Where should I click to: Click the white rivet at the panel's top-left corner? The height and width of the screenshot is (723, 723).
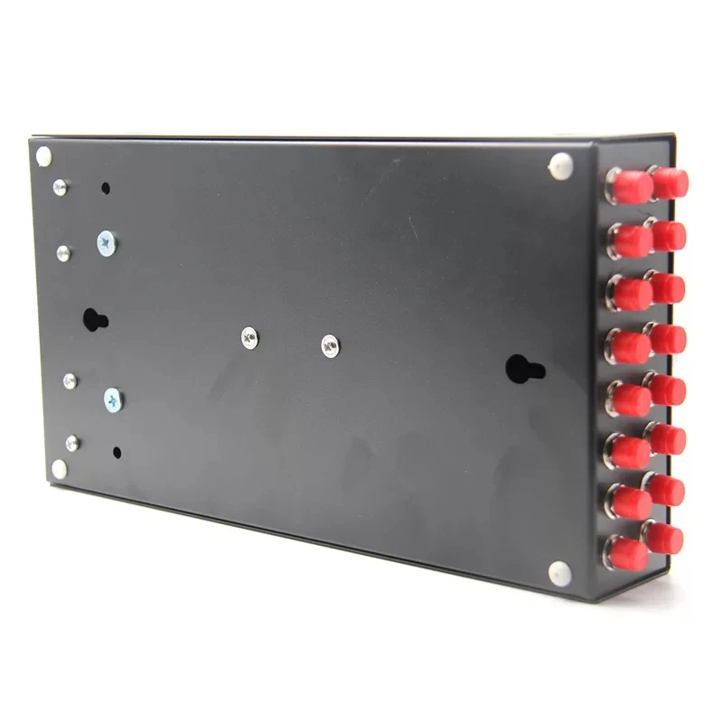pyautogui.click(x=43, y=155)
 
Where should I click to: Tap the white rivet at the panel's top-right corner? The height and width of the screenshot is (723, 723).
pyautogui.click(x=561, y=166)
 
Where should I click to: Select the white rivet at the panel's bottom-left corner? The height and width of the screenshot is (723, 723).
pyautogui.click(x=60, y=468)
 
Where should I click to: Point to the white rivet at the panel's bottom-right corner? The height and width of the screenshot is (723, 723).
pyautogui.click(x=559, y=571)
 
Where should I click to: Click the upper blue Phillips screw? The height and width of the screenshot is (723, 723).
pyautogui.click(x=107, y=241)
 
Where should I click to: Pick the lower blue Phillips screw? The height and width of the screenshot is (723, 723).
pyautogui.click(x=112, y=399)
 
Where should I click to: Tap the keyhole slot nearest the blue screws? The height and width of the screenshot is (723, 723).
pyautogui.click(x=95, y=320)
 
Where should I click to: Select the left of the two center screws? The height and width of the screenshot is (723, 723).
pyautogui.click(x=249, y=338)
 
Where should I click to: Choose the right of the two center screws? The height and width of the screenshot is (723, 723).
pyautogui.click(x=330, y=344)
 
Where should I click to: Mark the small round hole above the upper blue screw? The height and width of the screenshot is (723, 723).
pyautogui.click(x=106, y=190)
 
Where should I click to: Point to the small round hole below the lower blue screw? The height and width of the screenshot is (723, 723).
pyautogui.click(x=117, y=450)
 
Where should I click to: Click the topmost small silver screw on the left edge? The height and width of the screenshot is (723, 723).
pyautogui.click(x=61, y=187)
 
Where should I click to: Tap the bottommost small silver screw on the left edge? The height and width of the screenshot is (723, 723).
pyautogui.click(x=72, y=442)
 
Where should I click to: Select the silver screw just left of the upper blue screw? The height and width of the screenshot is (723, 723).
pyautogui.click(x=63, y=251)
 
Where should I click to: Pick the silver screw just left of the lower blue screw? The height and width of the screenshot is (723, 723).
pyautogui.click(x=70, y=382)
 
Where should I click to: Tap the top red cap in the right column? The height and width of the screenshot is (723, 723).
pyautogui.click(x=671, y=183)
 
